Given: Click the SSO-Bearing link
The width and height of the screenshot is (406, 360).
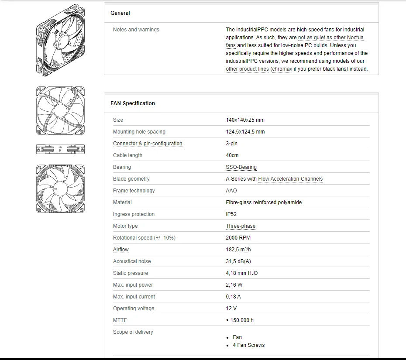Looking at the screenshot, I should [x=241, y=167].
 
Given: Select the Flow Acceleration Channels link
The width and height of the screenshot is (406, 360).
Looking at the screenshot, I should [x=290, y=179].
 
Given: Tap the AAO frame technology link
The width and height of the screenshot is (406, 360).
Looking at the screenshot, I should [x=231, y=191].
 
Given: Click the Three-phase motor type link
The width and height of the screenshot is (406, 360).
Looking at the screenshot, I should [x=241, y=226].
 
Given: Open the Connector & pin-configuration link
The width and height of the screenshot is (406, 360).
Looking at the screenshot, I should [x=148, y=144].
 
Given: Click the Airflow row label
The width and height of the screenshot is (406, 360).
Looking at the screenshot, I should [x=121, y=250].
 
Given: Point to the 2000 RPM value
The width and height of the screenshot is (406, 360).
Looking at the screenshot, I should [x=238, y=238].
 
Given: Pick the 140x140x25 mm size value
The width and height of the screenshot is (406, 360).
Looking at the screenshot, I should [x=245, y=120].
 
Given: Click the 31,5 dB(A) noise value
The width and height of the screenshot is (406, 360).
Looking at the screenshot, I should [x=238, y=261].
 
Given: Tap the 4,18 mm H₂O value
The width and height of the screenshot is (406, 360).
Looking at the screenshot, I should [x=242, y=273].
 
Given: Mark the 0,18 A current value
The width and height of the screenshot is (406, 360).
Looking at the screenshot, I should [x=233, y=297].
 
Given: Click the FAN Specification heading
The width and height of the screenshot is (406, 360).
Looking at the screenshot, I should [x=133, y=103].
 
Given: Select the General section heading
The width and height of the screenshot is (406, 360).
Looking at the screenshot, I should [x=120, y=13].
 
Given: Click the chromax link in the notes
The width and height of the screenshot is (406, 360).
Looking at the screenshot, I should [x=282, y=69].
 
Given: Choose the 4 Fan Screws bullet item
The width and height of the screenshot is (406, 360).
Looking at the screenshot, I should [x=248, y=345].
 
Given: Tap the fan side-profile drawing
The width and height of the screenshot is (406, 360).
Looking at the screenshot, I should [x=60, y=150].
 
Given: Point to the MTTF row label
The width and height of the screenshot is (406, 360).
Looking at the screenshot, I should [x=120, y=320].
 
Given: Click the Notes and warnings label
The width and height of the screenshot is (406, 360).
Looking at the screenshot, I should [x=136, y=30].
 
